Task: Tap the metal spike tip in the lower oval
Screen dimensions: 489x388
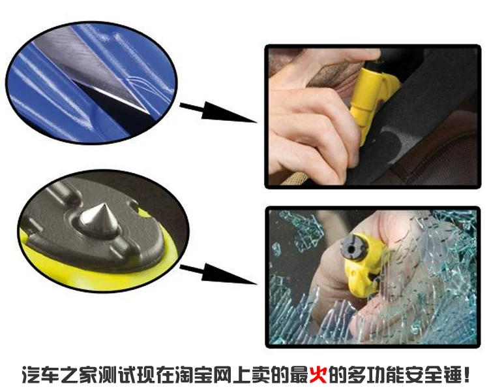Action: [103, 204]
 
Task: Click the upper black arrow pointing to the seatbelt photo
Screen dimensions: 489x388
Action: [218, 112]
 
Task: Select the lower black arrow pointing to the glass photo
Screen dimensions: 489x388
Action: [218, 274]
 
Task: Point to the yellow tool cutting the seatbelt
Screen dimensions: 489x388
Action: [371, 100]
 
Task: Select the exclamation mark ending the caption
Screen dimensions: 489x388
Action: [466, 374]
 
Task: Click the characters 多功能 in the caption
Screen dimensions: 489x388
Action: [376, 374]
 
